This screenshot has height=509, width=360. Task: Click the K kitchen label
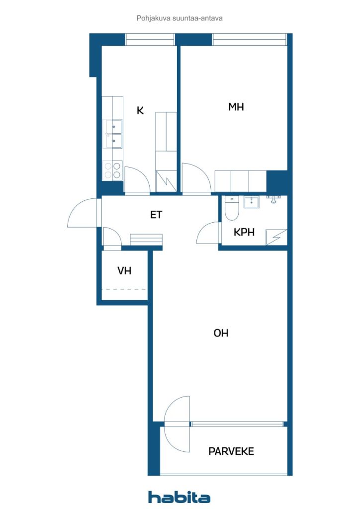140,110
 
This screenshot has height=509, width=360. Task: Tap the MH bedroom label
236,107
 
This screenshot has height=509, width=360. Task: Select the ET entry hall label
156,215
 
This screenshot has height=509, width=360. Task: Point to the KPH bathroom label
244,232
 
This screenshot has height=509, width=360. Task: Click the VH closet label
124,271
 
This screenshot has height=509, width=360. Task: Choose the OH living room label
221,333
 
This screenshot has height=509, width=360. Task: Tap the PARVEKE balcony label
231,451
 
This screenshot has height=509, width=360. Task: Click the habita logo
179,497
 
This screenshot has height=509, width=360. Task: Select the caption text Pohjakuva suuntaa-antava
180,18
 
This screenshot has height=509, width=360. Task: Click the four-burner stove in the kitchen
113,171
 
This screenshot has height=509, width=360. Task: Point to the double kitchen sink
113,134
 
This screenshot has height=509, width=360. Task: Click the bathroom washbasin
252,202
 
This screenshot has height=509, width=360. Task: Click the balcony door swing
177,424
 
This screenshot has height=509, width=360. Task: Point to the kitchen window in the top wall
150,40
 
